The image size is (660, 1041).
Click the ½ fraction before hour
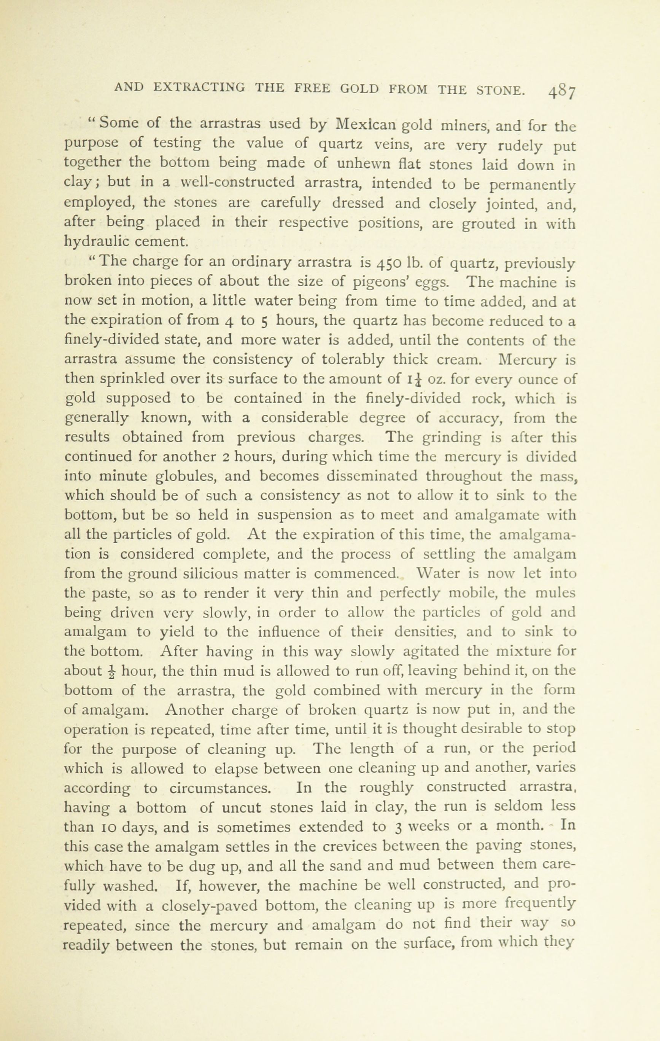[112, 671]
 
